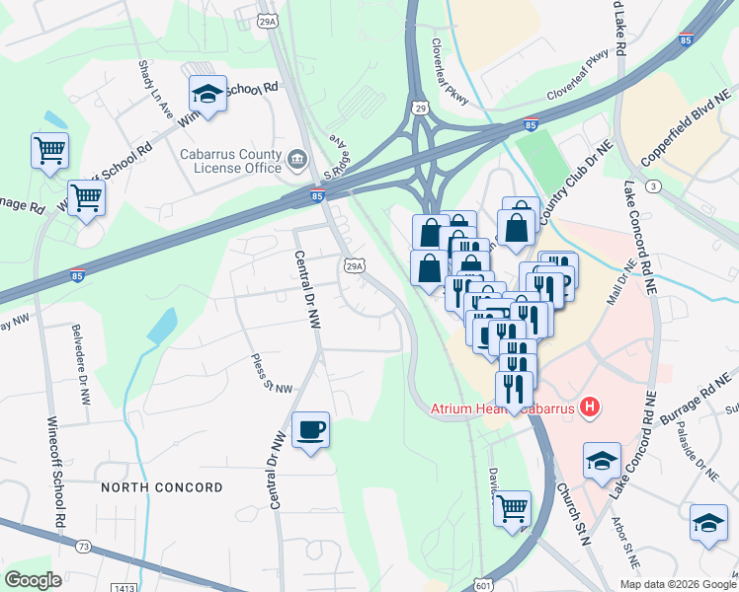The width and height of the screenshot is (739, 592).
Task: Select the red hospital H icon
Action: point(591,407)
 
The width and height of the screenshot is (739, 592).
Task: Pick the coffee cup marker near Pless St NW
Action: point(311,429)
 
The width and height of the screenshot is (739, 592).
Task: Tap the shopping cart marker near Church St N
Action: point(512,508)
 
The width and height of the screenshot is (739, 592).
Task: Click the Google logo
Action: point(33,580)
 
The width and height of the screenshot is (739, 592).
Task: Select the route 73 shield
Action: point(83,546)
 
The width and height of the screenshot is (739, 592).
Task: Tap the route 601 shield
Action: point(482,584)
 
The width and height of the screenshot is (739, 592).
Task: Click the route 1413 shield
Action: point(124,588)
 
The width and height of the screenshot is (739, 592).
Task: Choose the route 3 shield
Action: point(652,185)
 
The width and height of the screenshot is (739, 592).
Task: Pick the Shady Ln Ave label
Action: point(158,89)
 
